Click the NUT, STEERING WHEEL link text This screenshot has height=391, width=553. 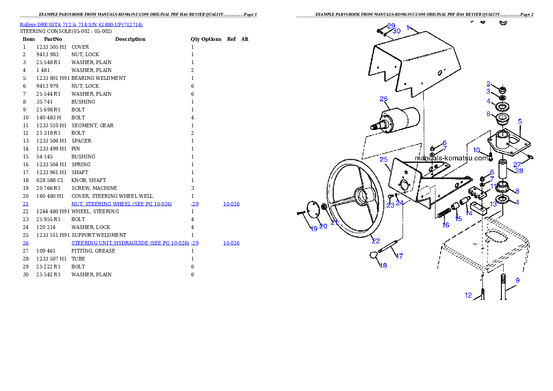tap(121, 204)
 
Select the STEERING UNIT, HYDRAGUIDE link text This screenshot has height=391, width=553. tap(130, 243)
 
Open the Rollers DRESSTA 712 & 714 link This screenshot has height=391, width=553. tap(81, 24)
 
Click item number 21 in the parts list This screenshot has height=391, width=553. tap(26, 204)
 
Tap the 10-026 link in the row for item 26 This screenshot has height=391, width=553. tap(231, 243)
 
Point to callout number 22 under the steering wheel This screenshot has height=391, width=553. tap(376, 241)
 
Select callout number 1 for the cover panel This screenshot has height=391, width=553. tap(408, 28)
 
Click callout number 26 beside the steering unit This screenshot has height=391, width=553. tap(383, 98)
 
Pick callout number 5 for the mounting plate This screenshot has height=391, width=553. tap(520, 121)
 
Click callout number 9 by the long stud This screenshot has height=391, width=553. tap(517, 280)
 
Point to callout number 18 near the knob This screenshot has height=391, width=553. tap(383, 266)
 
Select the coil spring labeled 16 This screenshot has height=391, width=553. tap(444, 214)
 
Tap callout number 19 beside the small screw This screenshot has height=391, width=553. tap(314, 228)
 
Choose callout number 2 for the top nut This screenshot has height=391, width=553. tap(488, 84)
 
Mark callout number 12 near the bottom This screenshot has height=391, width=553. tap(468, 295)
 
